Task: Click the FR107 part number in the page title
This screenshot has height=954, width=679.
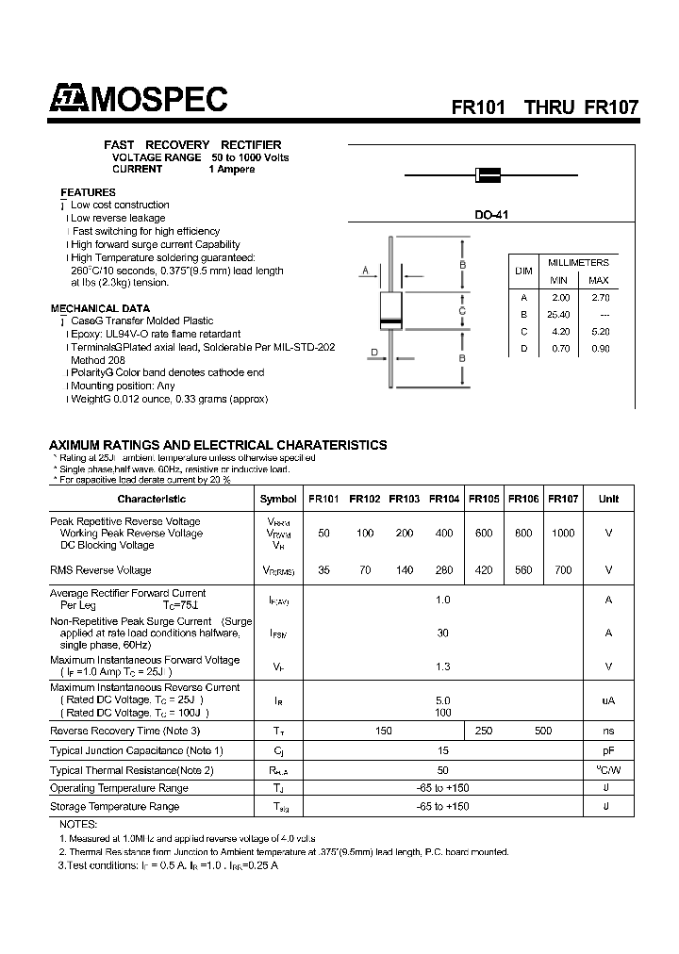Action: [612, 107]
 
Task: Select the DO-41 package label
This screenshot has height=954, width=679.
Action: [491, 215]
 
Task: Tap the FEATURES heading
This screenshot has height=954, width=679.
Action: [88, 192]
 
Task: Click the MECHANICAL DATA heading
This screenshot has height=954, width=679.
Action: [99, 308]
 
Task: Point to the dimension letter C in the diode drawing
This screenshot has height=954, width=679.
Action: [462, 310]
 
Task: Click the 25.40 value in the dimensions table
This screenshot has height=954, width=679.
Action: [558, 314]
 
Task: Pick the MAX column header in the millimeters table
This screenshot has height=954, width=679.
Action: [599, 280]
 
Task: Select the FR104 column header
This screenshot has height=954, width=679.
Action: [444, 499]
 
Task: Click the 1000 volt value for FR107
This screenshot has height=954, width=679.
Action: [563, 534]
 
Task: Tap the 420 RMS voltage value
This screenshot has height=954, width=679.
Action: [484, 570]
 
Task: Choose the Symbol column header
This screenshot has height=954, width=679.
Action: [278, 499]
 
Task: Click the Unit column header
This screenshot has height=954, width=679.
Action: [608, 499]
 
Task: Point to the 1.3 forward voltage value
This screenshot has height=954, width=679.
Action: [443, 666]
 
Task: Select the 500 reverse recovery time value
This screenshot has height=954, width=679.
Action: [543, 731]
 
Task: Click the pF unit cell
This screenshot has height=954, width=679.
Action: [608, 750]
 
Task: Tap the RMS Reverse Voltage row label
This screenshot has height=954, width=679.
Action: [100, 570]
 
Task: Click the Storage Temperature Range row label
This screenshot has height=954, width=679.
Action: [114, 807]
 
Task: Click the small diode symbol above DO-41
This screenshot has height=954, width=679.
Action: [488, 174]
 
